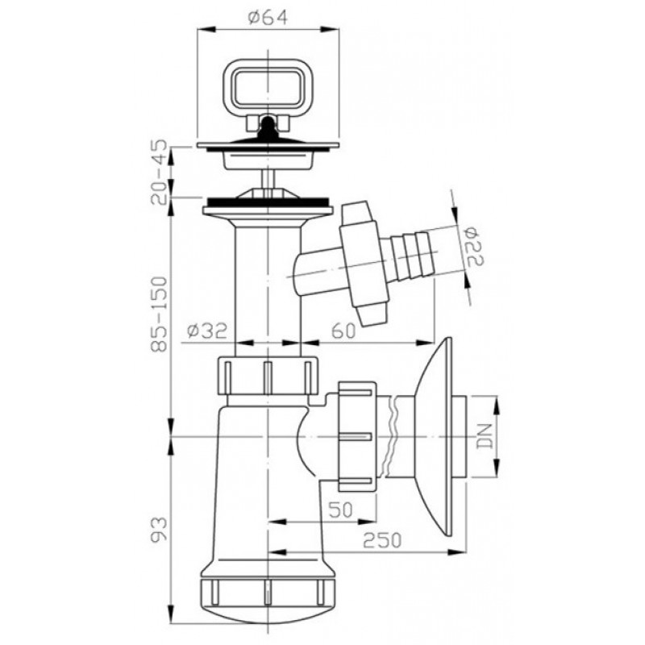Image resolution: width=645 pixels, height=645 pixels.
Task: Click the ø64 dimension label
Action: point(268,18)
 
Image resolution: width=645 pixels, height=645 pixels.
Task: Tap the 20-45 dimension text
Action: point(159,172)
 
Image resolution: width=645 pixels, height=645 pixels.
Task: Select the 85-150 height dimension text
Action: point(159,314)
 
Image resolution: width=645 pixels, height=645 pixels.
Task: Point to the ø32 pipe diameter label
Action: point(207,331)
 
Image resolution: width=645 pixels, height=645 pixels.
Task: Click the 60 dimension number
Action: point(343,331)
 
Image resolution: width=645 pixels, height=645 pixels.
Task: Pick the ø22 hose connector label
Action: point(475,247)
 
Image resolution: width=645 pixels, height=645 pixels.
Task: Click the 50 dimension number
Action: point(341,510)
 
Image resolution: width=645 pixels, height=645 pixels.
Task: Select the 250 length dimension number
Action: point(382,540)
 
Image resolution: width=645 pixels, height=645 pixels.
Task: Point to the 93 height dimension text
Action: point(159,530)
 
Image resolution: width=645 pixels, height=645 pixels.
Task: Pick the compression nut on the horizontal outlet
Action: point(357,436)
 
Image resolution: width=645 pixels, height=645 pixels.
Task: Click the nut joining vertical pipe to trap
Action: point(268,376)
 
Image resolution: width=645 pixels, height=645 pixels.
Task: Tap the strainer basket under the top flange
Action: point(268,159)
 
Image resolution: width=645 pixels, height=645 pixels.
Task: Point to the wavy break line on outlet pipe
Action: point(391,436)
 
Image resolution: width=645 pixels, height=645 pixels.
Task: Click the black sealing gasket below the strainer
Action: point(268,202)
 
